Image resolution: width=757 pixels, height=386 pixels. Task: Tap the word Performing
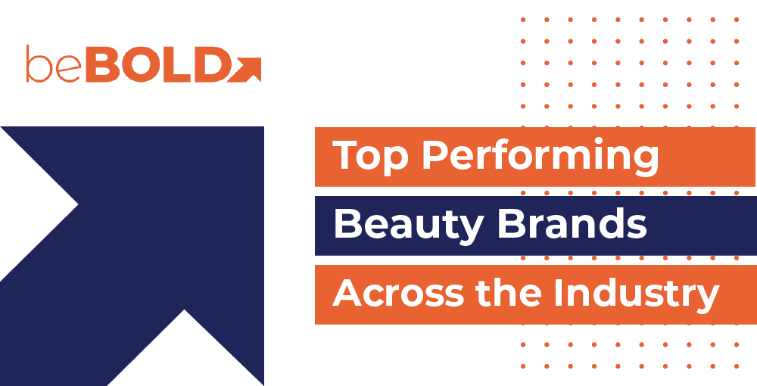click(540, 156)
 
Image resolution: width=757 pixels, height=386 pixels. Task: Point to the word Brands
click(572, 223)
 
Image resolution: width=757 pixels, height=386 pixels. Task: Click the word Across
click(398, 293)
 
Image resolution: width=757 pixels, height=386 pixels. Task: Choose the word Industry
click(637, 294)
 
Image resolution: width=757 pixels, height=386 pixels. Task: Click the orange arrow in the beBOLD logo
click(245, 70)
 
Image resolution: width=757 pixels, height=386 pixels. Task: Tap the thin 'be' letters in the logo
click(54, 64)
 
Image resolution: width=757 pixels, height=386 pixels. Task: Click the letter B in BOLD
click(102, 64)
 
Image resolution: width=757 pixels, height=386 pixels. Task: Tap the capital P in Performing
click(435, 155)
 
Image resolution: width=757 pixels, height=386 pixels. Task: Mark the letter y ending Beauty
click(470, 231)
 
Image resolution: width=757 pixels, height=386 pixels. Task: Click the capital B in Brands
click(511, 224)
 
